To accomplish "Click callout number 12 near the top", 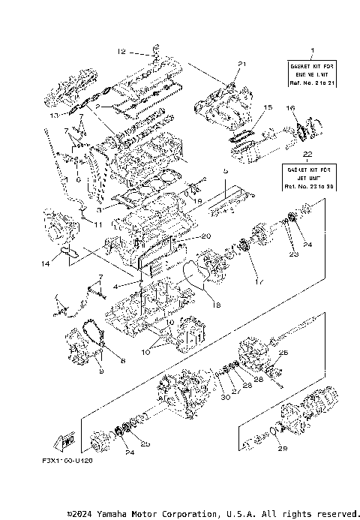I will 121,52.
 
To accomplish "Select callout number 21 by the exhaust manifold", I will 241,63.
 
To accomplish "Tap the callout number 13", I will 53,117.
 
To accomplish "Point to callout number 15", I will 266,108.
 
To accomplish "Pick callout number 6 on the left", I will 77,179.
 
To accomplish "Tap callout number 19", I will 197,202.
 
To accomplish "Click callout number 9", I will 99,371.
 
